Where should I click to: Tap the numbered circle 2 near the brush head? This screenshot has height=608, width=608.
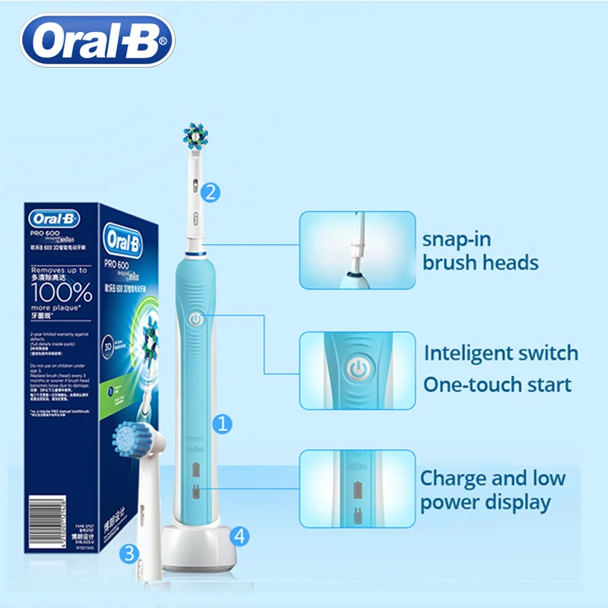tap(212, 192)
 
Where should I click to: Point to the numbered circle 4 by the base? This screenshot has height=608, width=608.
tap(240, 536)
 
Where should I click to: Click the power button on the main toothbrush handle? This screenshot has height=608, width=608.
tap(195, 320)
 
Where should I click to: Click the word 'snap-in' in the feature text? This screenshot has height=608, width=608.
tap(457, 239)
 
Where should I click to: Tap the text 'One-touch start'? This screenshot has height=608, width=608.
tap(497, 384)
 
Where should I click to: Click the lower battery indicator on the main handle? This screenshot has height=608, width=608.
tap(195, 492)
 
